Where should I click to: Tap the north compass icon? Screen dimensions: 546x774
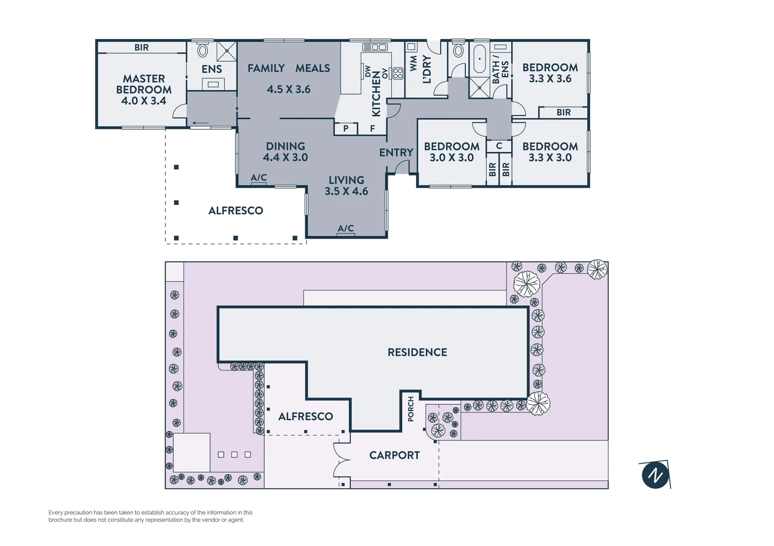[x=656, y=475]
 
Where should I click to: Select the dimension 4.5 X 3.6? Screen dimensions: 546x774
[x=289, y=89]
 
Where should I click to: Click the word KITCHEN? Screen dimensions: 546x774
[x=376, y=94]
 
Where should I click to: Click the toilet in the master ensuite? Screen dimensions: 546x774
[x=202, y=50]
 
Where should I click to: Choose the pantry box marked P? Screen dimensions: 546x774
[x=346, y=128]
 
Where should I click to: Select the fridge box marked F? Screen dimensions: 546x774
[x=373, y=128]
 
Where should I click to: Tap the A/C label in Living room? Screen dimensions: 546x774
[x=346, y=229]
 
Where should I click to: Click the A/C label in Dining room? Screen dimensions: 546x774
[x=259, y=177]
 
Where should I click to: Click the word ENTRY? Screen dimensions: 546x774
[x=396, y=152]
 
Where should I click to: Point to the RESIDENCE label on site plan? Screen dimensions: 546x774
[x=417, y=352]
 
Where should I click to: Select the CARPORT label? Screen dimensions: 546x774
[x=394, y=455]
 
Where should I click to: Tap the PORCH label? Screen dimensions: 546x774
[x=411, y=409]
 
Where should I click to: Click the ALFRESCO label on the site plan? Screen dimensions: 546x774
[x=306, y=417]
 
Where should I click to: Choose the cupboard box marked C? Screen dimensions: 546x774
[x=499, y=146]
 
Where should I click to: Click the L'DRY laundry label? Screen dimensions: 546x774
[x=427, y=69]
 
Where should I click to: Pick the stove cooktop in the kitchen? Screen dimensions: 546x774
[x=398, y=73]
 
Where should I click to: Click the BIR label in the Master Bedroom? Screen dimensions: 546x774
[x=141, y=48]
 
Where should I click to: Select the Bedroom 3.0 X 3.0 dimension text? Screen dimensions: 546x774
[x=452, y=158]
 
